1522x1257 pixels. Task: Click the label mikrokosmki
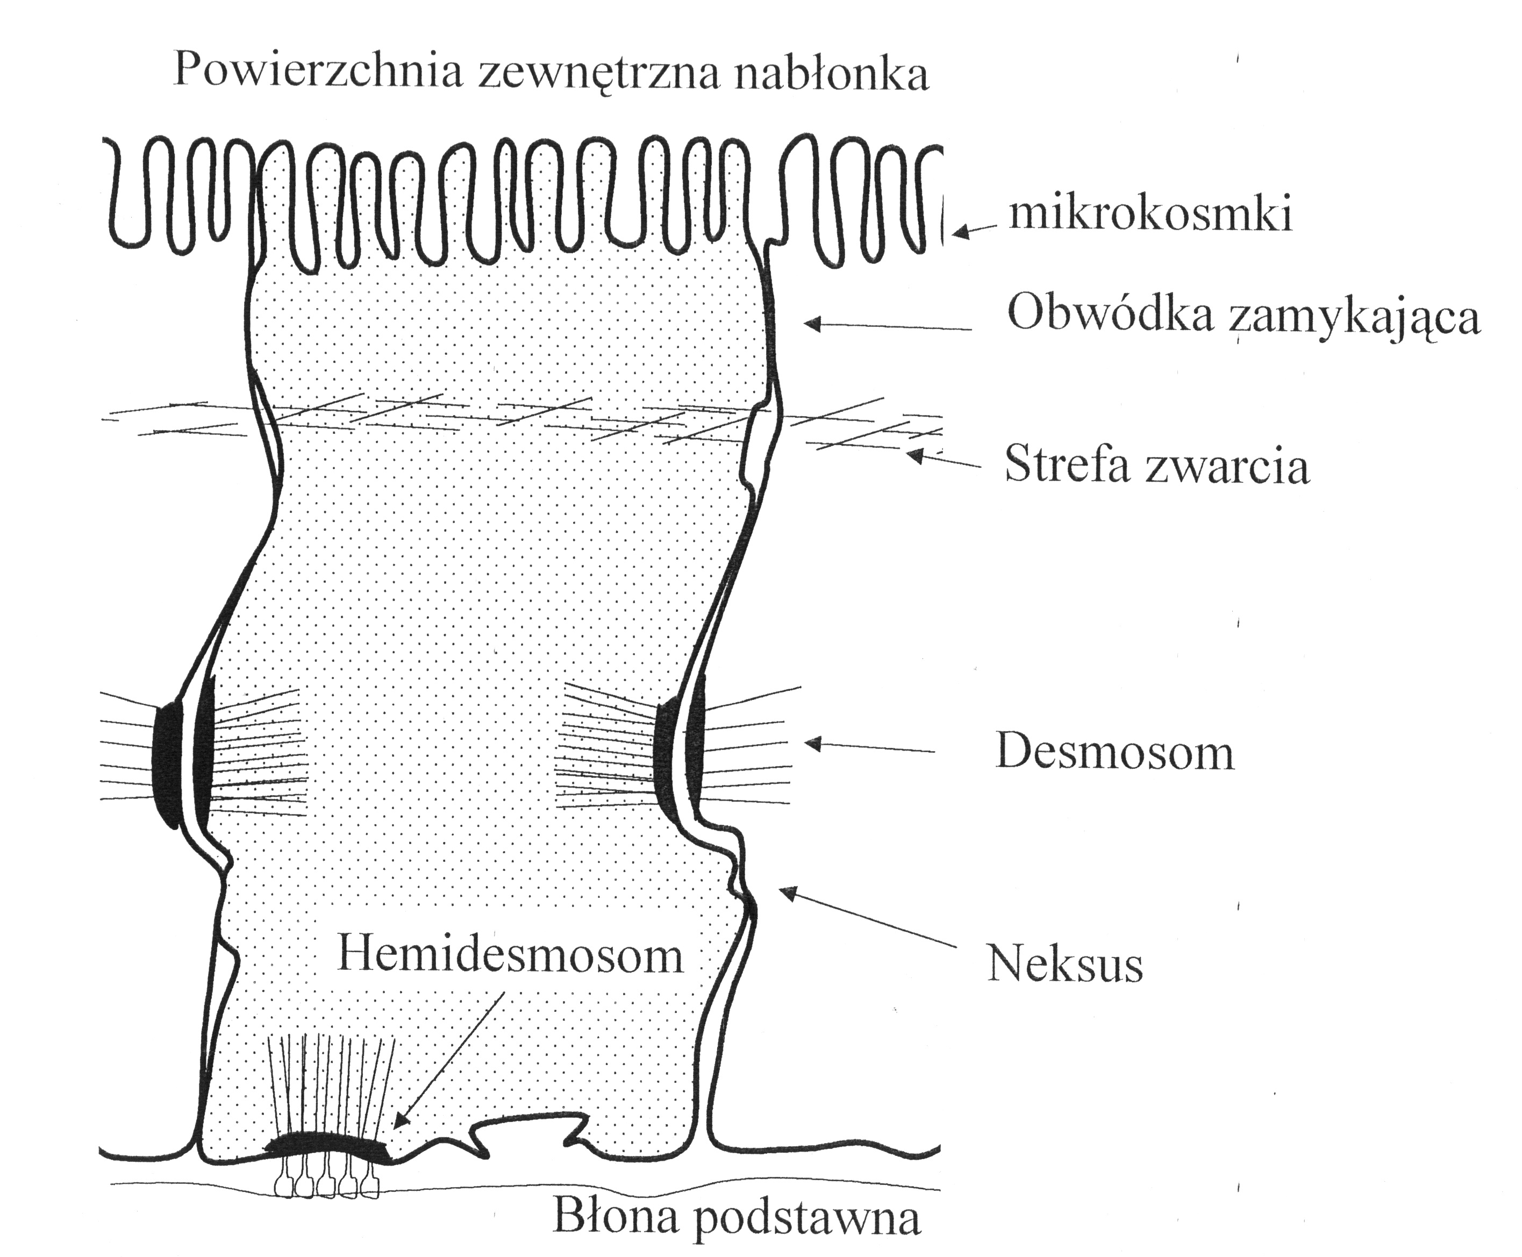1151,215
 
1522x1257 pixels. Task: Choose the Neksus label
1065,965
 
